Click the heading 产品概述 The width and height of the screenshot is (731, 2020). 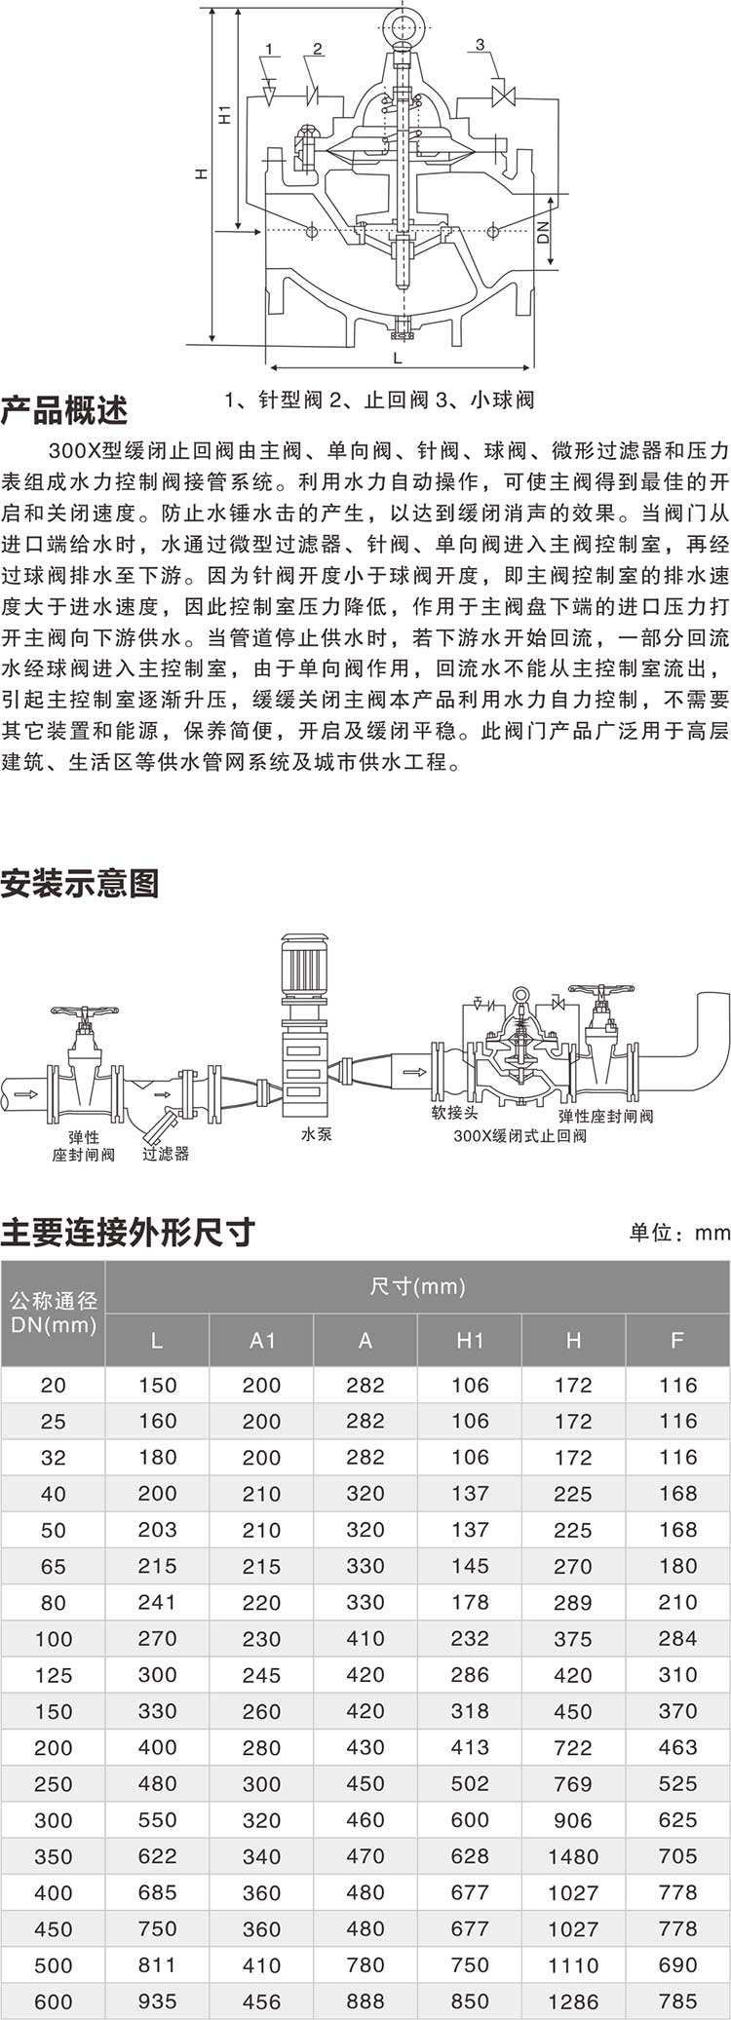click(64, 410)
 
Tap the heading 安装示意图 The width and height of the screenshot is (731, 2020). click(80, 884)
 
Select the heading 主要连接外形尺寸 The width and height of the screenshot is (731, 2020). click(128, 1232)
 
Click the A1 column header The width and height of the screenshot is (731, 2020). click(262, 1341)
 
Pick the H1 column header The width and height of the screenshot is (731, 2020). click(470, 1341)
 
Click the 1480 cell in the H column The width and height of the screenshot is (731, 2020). click(573, 1856)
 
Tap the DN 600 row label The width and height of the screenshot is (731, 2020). click(54, 2001)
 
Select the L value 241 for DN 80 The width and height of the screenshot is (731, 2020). click(157, 1602)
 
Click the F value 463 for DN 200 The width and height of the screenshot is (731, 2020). click(677, 1747)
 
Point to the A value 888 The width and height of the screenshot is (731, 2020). click(365, 2001)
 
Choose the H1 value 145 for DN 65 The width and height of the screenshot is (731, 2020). click(470, 1566)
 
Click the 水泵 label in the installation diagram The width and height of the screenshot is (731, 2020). click(317, 1134)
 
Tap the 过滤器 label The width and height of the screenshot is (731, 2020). click(166, 1154)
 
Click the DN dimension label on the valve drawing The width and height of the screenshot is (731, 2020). click(544, 231)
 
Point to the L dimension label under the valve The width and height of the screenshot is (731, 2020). click(398, 357)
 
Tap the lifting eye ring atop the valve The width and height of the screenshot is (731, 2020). click(400, 21)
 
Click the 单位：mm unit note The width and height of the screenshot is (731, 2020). click(679, 1233)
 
